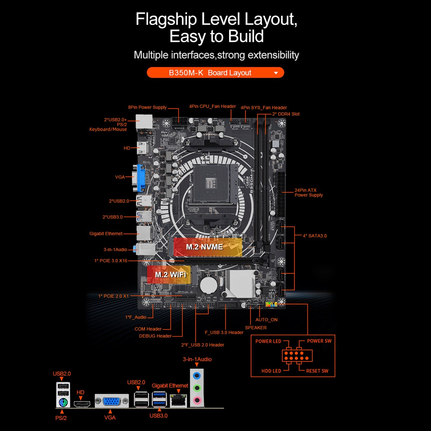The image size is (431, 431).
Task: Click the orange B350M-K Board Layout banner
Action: pyautogui.click(x=215, y=73)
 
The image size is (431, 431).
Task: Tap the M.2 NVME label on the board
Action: pyautogui.click(x=204, y=247)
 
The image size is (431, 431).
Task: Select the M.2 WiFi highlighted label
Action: pyautogui.click(x=170, y=274)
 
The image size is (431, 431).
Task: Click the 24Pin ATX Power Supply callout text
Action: pyautogui.click(x=308, y=193)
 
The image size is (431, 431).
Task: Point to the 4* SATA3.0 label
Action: pyautogui.click(x=315, y=236)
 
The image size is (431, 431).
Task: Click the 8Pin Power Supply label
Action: pyautogui.click(x=147, y=107)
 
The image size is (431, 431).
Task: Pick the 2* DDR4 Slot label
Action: pyautogui.click(x=286, y=114)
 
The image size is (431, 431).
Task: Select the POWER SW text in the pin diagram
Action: pyautogui.click(x=319, y=341)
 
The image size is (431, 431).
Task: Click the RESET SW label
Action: pyautogui.click(x=317, y=371)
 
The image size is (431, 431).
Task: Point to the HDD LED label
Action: pyautogui.click(x=271, y=371)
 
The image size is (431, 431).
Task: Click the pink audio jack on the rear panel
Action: pyautogui.click(x=197, y=400)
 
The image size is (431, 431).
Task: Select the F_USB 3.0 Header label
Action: pyautogui.click(x=224, y=332)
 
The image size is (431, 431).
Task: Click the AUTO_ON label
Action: pyautogui.click(x=266, y=320)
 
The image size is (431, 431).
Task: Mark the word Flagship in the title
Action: pyautogui.click(x=166, y=19)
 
